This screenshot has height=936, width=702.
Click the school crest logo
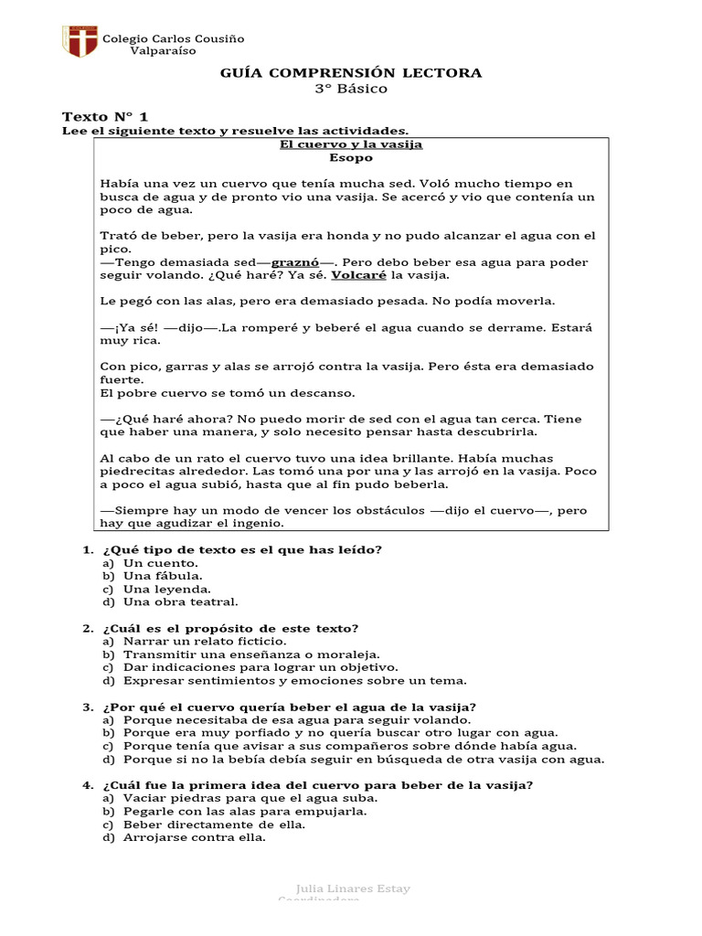point(79,41)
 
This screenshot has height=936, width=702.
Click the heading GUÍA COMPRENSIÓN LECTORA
point(351,73)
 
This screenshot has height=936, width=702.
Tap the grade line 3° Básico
point(351,89)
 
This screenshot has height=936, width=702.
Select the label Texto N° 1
point(104,117)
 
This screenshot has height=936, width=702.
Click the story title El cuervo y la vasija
point(351,144)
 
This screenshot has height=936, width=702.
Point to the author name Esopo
point(351,157)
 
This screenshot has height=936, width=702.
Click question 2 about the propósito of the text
point(230,628)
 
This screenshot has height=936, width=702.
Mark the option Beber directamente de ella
point(214,824)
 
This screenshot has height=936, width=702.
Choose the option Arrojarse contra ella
point(195,837)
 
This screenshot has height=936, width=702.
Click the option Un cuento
point(160,563)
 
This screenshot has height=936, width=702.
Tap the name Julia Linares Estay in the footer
point(354,888)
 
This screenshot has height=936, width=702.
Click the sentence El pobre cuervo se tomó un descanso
point(214,393)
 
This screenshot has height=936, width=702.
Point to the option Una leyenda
point(166,589)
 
